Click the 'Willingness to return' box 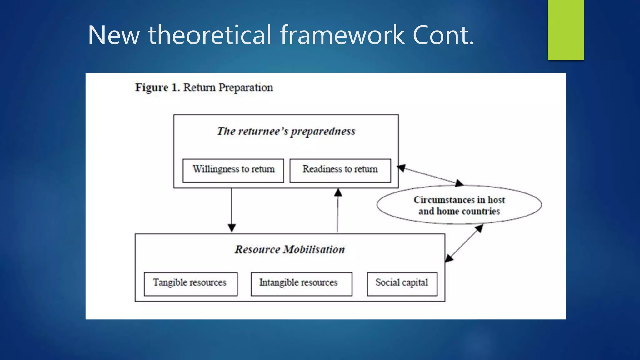(x=233, y=170)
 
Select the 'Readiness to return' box (x=340, y=170)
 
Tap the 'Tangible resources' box (x=190, y=284)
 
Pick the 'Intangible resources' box (x=301, y=284)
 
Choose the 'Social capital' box (x=402, y=284)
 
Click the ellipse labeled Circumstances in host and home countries (x=459, y=205)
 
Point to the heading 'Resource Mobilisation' (x=290, y=250)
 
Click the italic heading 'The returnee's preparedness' (x=286, y=131)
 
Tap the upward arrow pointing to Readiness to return (x=338, y=211)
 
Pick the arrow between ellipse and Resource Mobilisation (x=464, y=243)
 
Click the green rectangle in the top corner (x=566, y=30)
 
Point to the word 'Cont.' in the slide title (x=443, y=35)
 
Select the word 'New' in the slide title (x=114, y=35)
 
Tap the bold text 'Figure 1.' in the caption (x=157, y=87)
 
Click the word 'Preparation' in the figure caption (x=246, y=87)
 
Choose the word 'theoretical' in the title (x=210, y=35)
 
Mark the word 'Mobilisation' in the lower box (x=314, y=250)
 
